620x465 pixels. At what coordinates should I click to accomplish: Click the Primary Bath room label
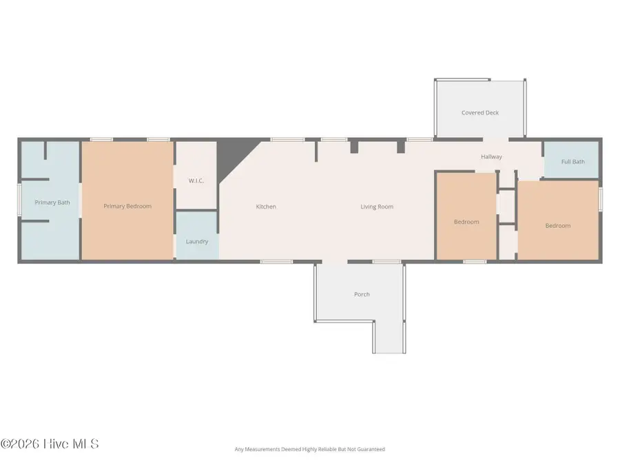48,203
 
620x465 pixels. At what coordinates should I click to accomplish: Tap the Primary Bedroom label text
127,206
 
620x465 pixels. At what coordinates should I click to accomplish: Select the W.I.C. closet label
196,181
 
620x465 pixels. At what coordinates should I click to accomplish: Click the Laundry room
197,241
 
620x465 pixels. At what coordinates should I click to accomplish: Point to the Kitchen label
266,207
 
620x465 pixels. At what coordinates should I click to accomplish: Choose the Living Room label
377,207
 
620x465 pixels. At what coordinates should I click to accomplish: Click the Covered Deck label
480,113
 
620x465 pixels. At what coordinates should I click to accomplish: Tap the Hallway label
491,157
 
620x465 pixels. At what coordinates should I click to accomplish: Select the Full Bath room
572,162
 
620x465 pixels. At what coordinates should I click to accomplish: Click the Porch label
362,294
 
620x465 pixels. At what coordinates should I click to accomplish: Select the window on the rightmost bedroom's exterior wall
600,199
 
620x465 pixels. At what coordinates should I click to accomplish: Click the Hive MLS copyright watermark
50,444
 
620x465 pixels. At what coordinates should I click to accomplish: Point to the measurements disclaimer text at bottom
309,450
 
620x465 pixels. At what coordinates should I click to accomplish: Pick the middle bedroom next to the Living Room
466,222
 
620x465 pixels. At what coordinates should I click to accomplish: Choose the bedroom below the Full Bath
558,225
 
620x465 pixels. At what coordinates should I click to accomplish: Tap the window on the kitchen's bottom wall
276,262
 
